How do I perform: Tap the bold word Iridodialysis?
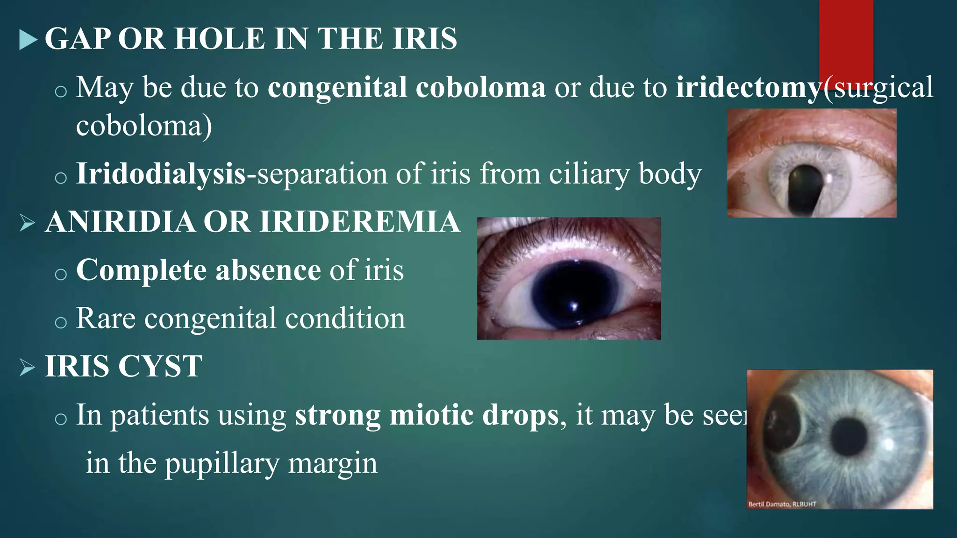tap(161, 174)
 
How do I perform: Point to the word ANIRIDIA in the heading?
tap(120, 221)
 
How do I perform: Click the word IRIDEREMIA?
tap(359, 221)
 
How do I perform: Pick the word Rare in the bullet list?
tap(106, 319)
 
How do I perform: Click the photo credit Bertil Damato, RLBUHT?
tap(782, 504)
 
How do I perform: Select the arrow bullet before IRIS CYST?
tap(28, 368)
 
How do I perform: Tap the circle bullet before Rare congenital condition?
tap(61, 322)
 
